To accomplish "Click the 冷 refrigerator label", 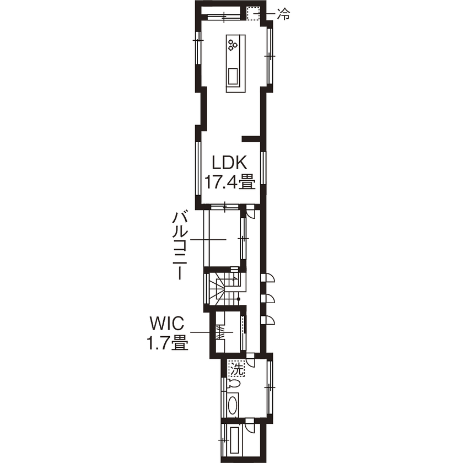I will [283, 14].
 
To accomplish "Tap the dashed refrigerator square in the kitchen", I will [253, 13].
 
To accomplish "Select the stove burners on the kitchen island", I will [232, 44].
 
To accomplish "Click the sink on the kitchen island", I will [233, 74].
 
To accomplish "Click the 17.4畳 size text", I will [230, 182].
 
